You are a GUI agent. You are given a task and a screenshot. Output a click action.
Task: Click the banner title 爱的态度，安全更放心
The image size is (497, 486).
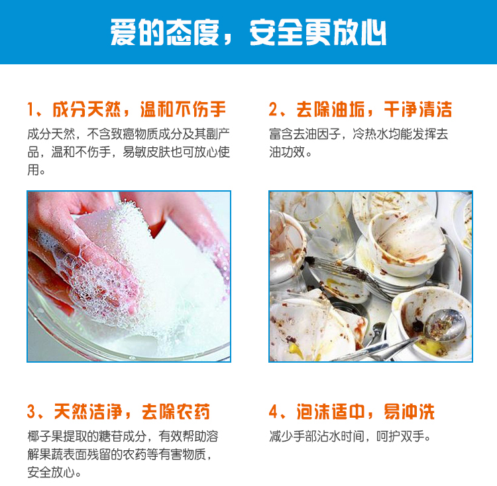coord(248,32)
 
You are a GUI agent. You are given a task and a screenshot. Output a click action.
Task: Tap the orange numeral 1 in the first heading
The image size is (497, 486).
coord(30,109)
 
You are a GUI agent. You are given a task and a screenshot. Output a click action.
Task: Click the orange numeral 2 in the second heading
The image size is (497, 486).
coord(273,109)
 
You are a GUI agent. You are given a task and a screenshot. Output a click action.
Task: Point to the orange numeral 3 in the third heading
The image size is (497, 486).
coord(31,412)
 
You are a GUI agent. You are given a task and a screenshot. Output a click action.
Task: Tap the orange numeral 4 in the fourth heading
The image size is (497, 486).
coord(273,412)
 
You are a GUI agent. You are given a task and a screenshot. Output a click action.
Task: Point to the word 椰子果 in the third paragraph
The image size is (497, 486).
coord(45,436)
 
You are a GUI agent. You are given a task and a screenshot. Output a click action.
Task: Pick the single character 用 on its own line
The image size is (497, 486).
coord(33,170)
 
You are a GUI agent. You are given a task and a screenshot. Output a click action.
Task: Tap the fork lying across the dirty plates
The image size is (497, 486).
coord(349,276)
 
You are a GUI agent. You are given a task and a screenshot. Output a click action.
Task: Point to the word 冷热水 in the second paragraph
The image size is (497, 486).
coord(370,134)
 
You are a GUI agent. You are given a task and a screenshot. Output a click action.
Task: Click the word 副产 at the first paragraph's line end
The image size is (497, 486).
coord(218,134)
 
